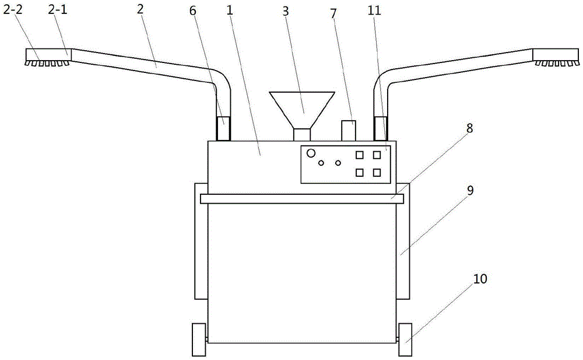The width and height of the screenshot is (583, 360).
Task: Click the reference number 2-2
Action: click(x=13, y=10)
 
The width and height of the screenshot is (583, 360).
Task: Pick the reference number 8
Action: click(x=470, y=128)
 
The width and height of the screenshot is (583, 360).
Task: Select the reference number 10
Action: click(x=480, y=279)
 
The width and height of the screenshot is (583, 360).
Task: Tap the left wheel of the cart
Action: click(x=199, y=340)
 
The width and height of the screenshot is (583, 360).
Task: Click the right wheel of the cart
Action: click(x=405, y=340)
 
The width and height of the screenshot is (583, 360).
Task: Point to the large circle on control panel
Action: click(x=311, y=153)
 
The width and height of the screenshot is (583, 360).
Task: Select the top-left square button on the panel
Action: click(x=360, y=155)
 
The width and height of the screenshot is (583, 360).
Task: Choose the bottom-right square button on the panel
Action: click(x=377, y=172)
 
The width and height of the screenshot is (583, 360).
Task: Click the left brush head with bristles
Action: click(x=48, y=57)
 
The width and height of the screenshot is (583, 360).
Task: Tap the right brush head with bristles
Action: click(x=556, y=56)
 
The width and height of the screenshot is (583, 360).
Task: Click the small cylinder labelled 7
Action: click(x=349, y=131)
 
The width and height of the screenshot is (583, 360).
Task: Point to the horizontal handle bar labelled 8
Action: click(x=302, y=199)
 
